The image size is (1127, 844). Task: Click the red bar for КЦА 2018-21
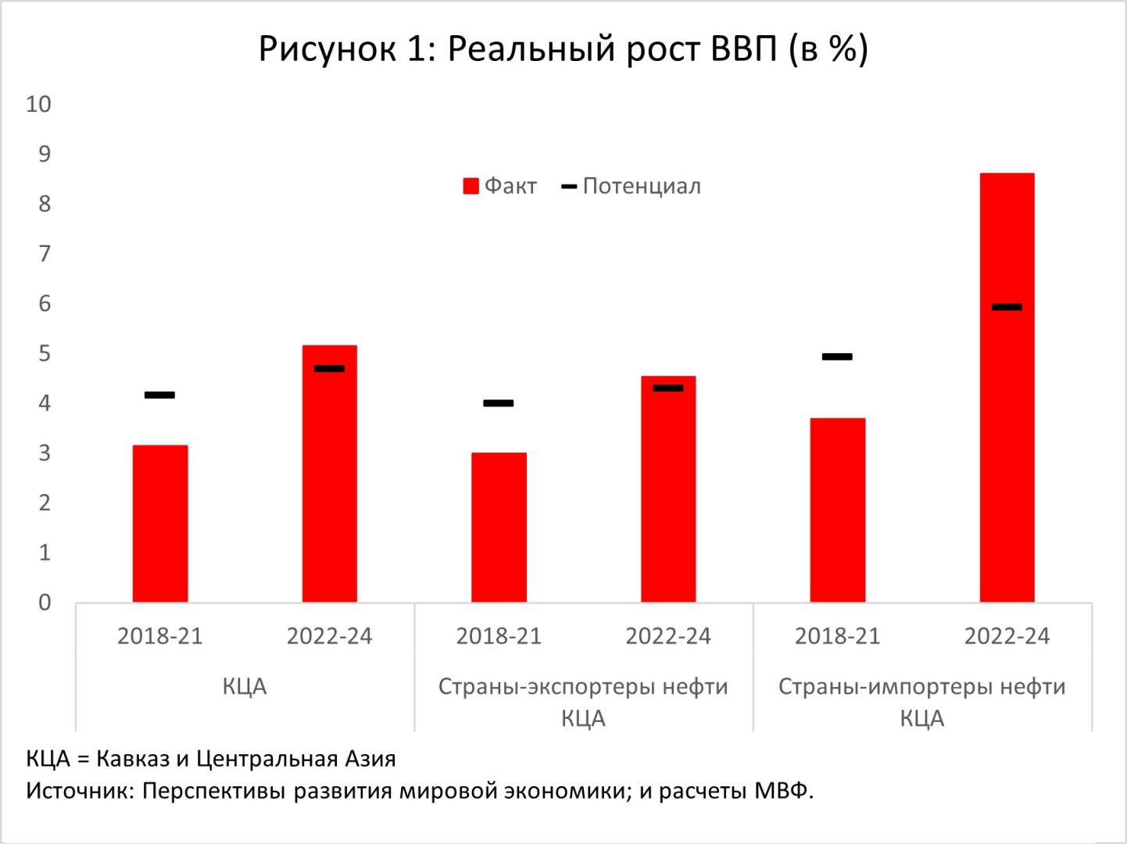click(160, 524)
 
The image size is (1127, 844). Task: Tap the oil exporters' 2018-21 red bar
click(499, 527)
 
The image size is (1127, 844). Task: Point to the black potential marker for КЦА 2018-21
click(160, 395)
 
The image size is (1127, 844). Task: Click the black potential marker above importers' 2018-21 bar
click(837, 356)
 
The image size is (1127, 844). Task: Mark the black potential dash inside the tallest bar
click(1007, 307)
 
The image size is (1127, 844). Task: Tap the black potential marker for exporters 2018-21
click(499, 403)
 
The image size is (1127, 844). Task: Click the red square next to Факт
click(470, 186)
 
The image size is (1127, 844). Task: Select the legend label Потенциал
click(642, 186)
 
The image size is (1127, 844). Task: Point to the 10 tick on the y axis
click(38, 104)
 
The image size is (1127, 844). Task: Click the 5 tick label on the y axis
click(45, 353)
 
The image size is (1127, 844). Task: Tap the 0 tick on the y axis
click(45, 603)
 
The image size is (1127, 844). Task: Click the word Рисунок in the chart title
click(327, 49)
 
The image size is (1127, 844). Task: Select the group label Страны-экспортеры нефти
click(583, 687)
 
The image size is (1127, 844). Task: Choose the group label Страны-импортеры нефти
click(921, 687)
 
